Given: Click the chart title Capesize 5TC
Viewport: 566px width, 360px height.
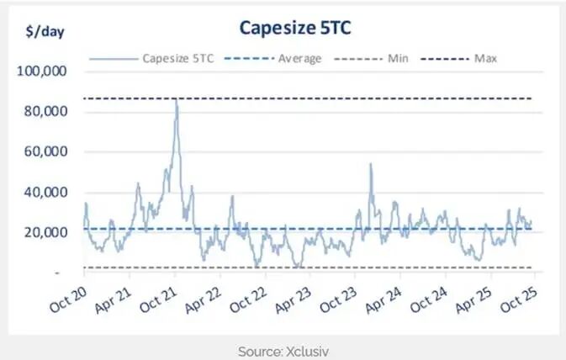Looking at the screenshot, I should click(294, 28).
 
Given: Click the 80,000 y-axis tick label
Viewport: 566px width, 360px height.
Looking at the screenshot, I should click(45, 112).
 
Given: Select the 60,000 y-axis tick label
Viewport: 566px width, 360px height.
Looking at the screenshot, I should click(45, 152).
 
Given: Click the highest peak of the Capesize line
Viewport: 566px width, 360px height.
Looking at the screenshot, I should click(176, 100).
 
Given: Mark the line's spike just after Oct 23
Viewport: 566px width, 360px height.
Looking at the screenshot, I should click(370, 165).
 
